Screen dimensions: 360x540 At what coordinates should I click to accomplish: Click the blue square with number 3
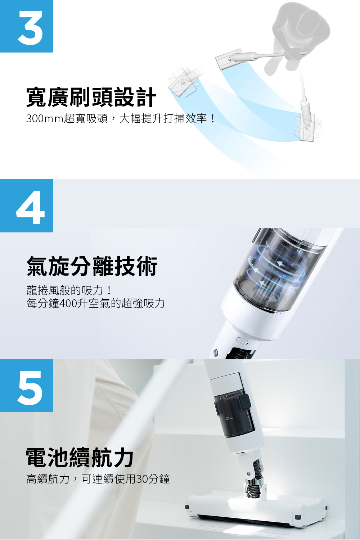tap(27, 26)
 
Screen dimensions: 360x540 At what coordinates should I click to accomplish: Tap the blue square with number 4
tap(27, 206)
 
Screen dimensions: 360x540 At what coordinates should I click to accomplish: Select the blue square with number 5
tap(27, 385)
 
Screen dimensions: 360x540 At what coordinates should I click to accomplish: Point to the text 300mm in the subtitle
tap(44, 119)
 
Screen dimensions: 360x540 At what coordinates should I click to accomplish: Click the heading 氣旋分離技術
tap(92, 266)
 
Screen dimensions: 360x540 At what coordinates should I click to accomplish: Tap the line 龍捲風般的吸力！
tap(69, 290)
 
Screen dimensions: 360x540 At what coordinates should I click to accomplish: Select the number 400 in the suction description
tap(68, 303)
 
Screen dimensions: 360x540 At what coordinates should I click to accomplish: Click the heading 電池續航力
tap(80, 457)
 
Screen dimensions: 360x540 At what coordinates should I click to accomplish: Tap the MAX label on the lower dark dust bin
tap(229, 418)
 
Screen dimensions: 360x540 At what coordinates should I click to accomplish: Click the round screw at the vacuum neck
tap(216, 352)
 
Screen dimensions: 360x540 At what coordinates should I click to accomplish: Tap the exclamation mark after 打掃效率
tap(212, 119)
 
